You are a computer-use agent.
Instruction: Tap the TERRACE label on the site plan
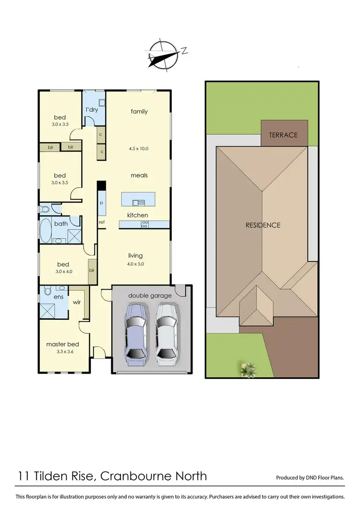click(x=283, y=135)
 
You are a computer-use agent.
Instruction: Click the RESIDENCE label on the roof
click(x=263, y=225)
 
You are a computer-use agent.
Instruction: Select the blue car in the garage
click(x=135, y=331)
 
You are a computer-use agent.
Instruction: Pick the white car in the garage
click(x=166, y=331)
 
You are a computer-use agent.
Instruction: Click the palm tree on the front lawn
click(x=249, y=369)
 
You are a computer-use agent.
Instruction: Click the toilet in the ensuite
click(x=48, y=291)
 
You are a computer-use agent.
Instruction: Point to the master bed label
click(x=62, y=344)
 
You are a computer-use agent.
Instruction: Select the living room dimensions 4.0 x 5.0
click(x=135, y=264)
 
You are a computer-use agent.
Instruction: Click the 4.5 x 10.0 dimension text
click(x=139, y=149)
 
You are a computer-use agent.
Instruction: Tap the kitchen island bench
click(x=139, y=199)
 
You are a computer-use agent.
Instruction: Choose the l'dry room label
click(x=92, y=110)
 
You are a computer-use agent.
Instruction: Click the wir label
click(x=76, y=303)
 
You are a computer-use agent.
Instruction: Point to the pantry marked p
click(x=101, y=203)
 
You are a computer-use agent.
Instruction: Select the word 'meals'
click(x=139, y=175)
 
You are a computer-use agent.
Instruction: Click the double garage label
click(x=150, y=296)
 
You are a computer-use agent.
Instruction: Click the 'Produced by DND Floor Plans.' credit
click(x=310, y=478)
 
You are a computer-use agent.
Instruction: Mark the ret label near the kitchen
click(x=102, y=222)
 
